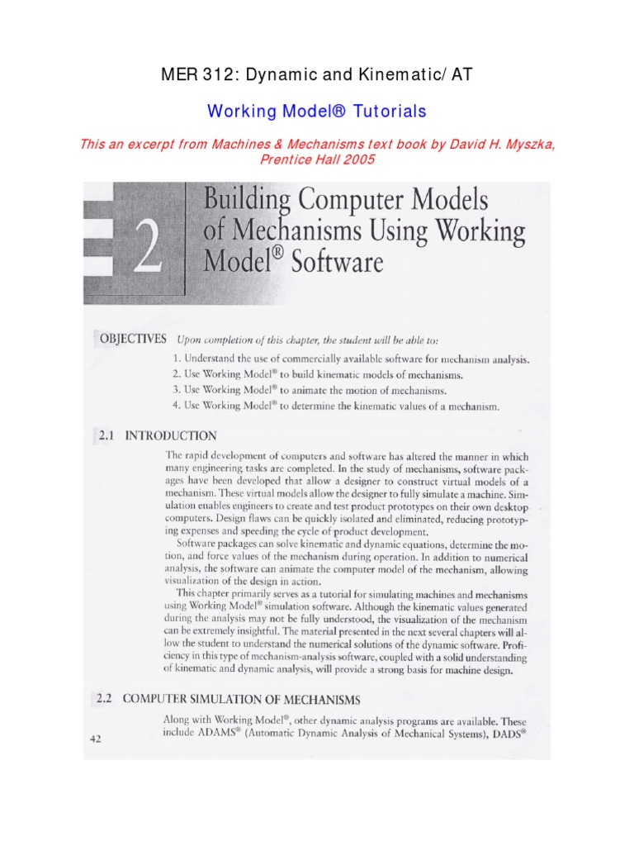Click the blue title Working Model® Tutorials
click(x=316, y=111)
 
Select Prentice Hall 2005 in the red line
click(x=317, y=159)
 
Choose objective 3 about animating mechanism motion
click(x=310, y=390)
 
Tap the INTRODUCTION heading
click(x=171, y=436)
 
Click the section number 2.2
click(x=104, y=698)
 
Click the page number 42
click(x=95, y=739)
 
